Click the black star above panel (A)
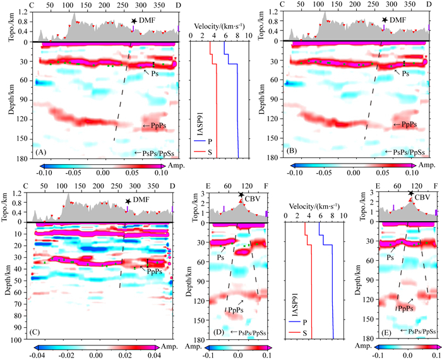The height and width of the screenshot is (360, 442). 134,21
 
